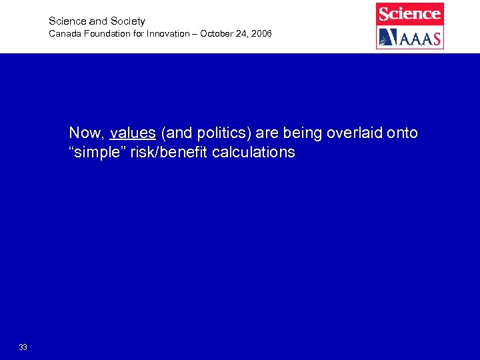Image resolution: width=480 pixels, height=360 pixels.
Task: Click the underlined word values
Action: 133,133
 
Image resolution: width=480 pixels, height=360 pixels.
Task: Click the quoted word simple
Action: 95,153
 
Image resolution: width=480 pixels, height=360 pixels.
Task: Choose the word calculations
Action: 253,153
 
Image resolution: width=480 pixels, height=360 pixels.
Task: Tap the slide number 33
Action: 23,347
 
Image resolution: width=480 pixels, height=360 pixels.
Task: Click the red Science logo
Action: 410,13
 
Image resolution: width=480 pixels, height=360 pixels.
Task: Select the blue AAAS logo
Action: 410,37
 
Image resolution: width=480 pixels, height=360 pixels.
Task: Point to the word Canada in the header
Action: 63,33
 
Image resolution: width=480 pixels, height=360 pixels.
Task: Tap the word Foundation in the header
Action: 105,33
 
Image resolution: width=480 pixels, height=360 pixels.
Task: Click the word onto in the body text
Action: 402,133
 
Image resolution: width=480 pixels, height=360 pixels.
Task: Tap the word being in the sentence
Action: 301,133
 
